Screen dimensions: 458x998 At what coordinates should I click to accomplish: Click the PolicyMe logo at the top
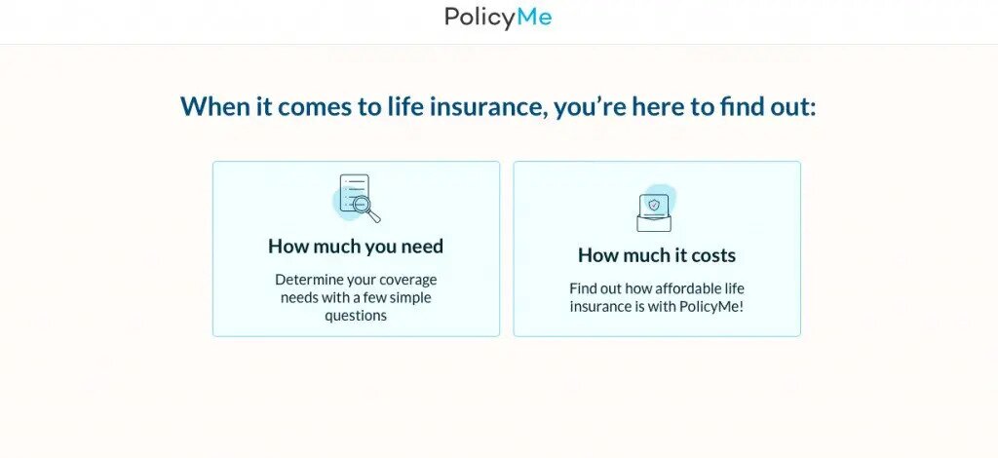[x=498, y=18]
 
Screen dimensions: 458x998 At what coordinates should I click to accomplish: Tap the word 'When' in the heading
[x=215, y=106]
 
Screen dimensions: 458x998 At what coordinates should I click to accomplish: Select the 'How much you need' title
[x=356, y=246]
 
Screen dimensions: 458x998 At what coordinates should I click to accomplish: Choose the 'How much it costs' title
[x=657, y=255]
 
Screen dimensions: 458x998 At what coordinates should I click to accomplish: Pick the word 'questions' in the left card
[x=356, y=316]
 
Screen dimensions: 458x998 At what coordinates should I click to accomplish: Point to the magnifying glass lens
[x=362, y=205]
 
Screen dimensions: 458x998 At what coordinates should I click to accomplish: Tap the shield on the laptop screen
[x=654, y=205]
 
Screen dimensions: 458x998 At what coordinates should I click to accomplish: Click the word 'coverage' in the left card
[x=407, y=280]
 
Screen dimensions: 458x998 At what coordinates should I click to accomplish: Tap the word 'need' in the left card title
[x=422, y=246]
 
